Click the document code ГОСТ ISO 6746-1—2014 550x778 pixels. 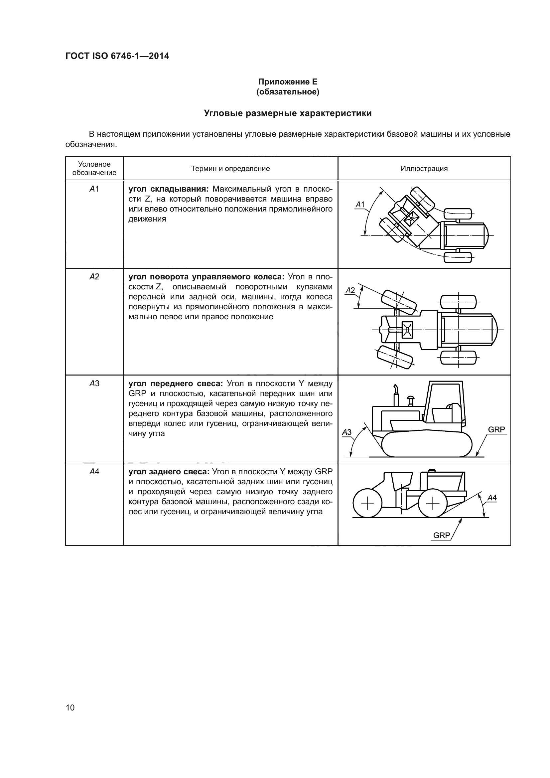(117, 56)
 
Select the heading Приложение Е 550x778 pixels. (288, 82)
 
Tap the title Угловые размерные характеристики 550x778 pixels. (288, 113)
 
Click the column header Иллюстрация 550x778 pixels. (424, 168)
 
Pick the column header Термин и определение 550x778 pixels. (230, 168)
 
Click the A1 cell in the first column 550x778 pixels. (94, 189)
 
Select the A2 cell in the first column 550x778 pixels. (94, 277)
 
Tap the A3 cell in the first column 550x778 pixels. (94, 384)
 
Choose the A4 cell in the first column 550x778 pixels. (94, 472)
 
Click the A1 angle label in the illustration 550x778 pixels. (360, 205)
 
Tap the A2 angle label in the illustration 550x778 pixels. (350, 290)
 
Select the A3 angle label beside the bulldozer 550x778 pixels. (347, 432)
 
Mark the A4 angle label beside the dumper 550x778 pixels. (492, 498)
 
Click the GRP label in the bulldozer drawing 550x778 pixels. (496, 430)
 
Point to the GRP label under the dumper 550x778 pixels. (442, 536)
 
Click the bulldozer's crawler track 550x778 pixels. (427, 444)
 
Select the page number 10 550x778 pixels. (70, 707)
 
